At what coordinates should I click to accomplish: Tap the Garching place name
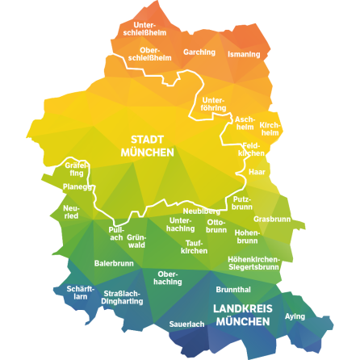tap(199, 52)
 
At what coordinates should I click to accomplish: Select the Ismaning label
tap(244, 54)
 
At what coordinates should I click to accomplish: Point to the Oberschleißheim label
tap(149, 54)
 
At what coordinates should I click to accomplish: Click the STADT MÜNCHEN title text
tap(148, 146)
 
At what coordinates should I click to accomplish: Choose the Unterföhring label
tap(214, 104)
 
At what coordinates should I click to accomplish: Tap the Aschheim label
tap(245, 122)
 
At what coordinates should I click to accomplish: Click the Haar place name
tap(257, 172)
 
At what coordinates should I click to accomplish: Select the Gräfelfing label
tap(76, 169)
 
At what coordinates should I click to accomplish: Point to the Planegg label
tap(77, 186)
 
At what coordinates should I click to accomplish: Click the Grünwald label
tap(136, 240)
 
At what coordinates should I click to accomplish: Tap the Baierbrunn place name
tap(113, 263)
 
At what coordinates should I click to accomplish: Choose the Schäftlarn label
tap(81, 292)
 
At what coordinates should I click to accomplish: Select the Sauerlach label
tap(186, 324)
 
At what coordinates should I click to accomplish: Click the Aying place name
tap(295, 316)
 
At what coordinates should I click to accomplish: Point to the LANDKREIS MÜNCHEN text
tap(242, 315)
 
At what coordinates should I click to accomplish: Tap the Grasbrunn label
tap(272, 219)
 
